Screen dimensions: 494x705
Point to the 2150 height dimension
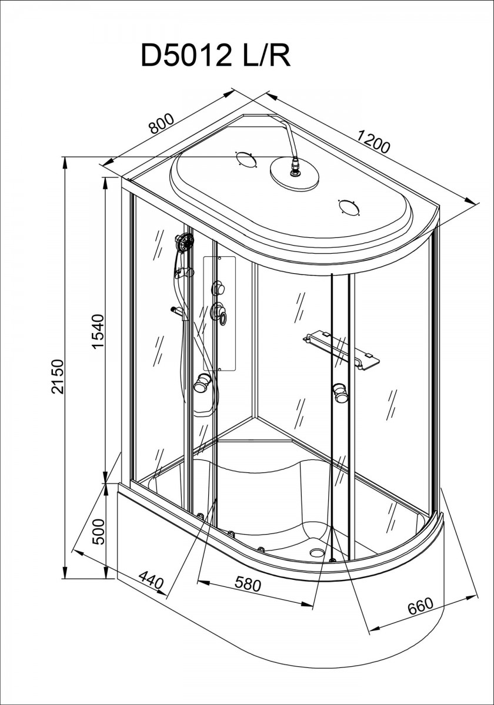[58, 377]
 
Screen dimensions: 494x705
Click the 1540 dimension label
[98, 332]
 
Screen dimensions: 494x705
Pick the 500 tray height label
[98, 532]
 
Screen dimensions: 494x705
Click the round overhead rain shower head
[295, 174]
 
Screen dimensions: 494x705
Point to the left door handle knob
[202, 382]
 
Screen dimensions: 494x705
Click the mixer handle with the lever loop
[219, 311]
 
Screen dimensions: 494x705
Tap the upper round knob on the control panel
[219, 288]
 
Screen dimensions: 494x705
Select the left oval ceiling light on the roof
[246, 159]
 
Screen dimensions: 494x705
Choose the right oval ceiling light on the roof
[349, 207]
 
